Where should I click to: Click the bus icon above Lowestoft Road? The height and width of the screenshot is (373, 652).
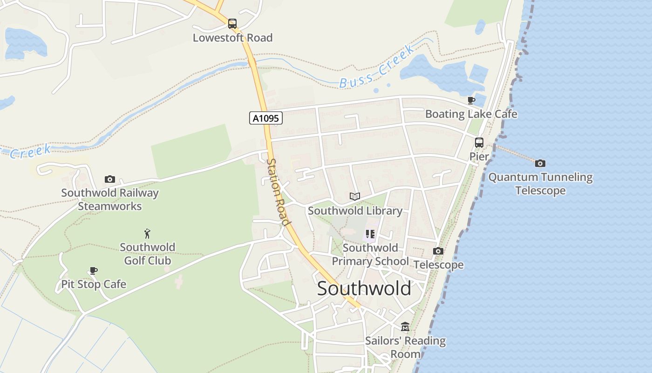point(232,24)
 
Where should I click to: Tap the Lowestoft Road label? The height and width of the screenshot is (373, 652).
point(232,38)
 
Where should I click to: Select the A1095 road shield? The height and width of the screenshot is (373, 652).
point(265,118)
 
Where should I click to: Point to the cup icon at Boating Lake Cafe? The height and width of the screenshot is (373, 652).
point(471,100)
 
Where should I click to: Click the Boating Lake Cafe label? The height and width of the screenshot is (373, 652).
point(471,114)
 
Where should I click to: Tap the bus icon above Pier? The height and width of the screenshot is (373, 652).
point(479,143)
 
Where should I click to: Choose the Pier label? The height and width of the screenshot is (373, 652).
point(479,157)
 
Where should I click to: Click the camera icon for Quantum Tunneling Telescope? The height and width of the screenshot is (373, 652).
point(540,163)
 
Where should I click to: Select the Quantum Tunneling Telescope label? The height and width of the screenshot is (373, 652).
point(540,184)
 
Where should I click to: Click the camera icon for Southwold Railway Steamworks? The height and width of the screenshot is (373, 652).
point(110,179)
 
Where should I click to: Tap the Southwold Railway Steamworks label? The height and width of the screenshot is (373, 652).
point(110,200)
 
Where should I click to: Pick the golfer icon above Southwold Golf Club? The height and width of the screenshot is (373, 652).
point(147,234)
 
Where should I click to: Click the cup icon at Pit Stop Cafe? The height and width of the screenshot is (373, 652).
point(94,270)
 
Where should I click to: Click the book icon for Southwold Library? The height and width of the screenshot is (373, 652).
point(355,197)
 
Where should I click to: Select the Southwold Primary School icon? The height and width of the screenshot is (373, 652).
point(370,234)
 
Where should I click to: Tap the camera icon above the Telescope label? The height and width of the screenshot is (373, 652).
point(438,251)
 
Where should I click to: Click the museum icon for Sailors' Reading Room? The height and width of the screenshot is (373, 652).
point(405,327)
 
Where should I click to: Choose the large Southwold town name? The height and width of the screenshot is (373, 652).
point(364,289)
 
